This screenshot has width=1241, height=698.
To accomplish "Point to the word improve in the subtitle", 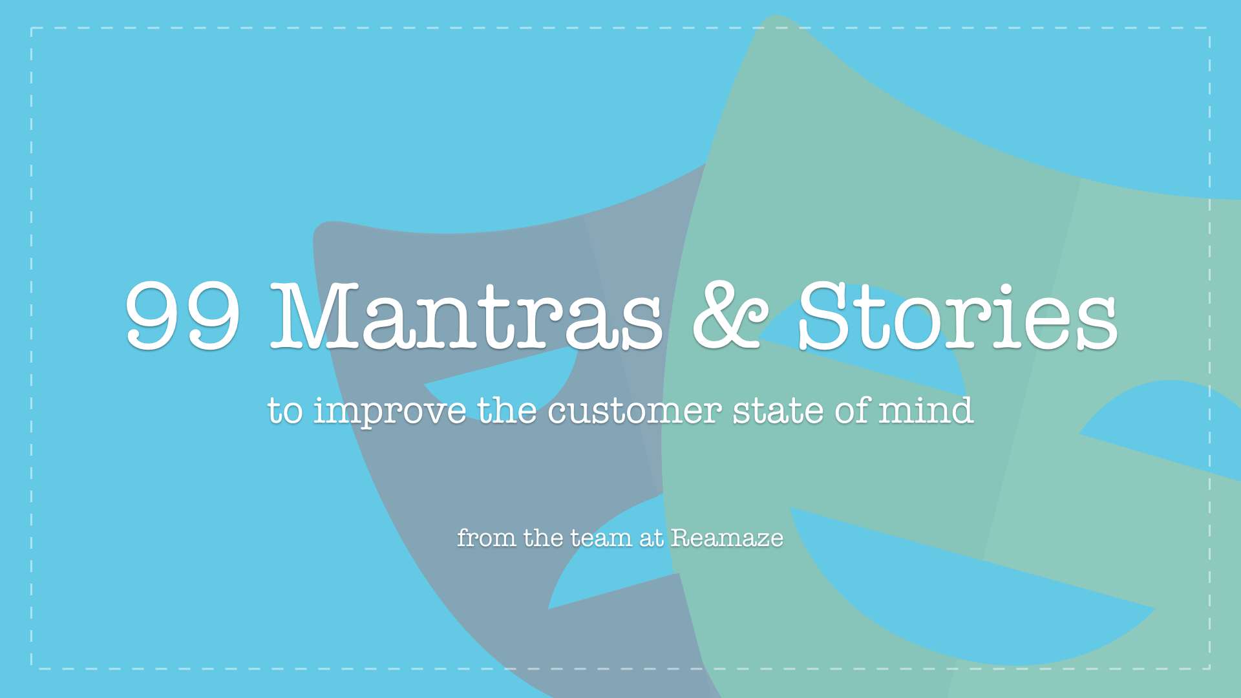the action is tap(390, 412).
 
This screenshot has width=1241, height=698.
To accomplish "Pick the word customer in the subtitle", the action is tap(635, 411).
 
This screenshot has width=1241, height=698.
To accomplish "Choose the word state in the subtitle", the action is tap(778, 411).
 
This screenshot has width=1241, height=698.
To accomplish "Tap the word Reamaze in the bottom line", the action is tap(727, 538).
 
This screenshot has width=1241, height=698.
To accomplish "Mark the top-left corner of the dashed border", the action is tap(31, 28).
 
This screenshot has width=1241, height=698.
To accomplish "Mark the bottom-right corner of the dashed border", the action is tap(1209, 668).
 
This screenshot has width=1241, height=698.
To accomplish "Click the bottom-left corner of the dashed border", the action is tap(31, 668).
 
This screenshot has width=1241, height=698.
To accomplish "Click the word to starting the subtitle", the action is tap(285, 412).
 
